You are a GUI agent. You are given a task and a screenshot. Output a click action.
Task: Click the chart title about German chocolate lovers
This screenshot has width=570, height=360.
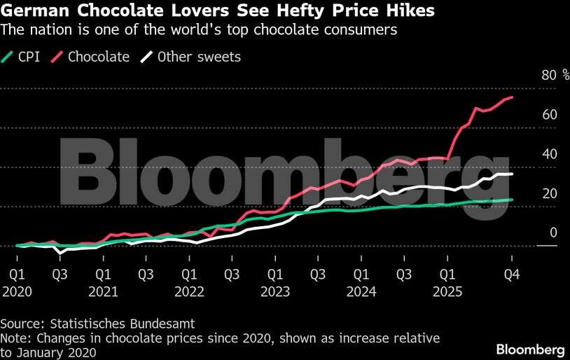217,11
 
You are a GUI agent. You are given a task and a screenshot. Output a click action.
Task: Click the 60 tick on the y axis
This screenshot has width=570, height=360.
549,114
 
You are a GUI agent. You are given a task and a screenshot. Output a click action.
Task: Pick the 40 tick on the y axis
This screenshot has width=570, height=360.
549,153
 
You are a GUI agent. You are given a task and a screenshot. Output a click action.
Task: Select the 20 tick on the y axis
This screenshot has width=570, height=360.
549,193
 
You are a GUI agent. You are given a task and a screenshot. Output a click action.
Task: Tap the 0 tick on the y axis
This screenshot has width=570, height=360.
552,232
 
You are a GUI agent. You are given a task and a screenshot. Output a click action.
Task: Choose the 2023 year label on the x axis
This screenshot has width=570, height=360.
275,291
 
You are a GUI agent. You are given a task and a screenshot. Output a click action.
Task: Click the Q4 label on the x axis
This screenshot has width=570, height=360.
513,275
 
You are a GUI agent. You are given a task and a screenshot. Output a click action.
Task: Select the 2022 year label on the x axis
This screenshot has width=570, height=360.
189,291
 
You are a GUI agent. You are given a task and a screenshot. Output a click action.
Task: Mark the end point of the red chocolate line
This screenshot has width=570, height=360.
513,97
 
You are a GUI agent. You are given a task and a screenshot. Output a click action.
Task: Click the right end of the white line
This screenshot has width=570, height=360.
513,174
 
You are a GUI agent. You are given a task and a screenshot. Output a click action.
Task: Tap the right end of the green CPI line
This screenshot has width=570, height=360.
513,200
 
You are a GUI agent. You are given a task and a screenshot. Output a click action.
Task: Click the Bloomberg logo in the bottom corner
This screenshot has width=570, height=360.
530,349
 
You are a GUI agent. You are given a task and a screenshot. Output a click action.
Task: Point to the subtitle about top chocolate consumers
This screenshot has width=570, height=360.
199,30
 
